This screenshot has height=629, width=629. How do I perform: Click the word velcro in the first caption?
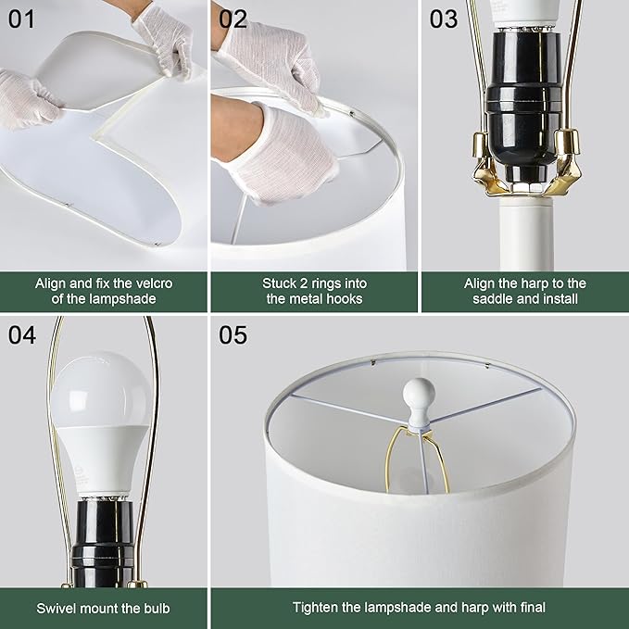[157, 283]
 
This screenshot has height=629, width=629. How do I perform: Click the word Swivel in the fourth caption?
[57, 608]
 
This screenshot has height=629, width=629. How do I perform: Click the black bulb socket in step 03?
[523, 102]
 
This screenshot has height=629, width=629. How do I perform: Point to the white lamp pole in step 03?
[525, 232]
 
